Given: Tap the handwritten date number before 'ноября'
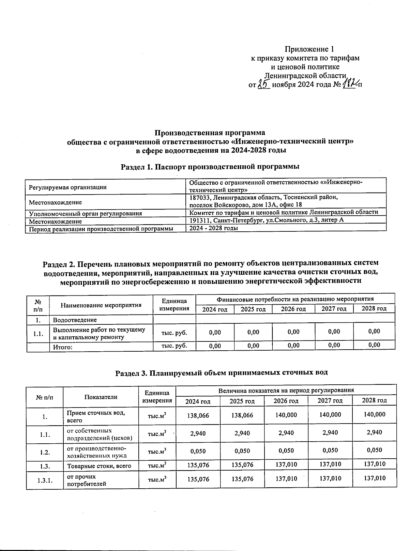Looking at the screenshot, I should pos(263,84).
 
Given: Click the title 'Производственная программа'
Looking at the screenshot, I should pos(210,133).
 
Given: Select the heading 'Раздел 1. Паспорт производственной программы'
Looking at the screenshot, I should pos(210,167).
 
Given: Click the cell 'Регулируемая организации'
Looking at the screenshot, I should pos(68,187).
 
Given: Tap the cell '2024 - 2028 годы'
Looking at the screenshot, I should pos(213,228).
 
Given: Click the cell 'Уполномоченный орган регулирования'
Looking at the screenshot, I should pos(86,214).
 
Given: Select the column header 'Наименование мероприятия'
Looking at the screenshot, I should pos(101,305).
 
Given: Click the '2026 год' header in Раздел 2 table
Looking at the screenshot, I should pos(293,309).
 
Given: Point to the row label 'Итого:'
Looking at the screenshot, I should pos(63,348).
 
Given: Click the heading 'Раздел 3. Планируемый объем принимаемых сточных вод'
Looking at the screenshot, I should pos(222,372).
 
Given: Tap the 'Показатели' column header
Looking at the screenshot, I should pos(101,397).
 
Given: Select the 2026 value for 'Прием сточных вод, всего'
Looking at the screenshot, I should pos(286,415).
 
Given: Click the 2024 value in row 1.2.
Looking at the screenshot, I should pos(198,451).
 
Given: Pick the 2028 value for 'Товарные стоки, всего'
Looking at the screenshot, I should pos(374,464).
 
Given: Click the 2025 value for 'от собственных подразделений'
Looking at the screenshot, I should pos(242,433).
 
